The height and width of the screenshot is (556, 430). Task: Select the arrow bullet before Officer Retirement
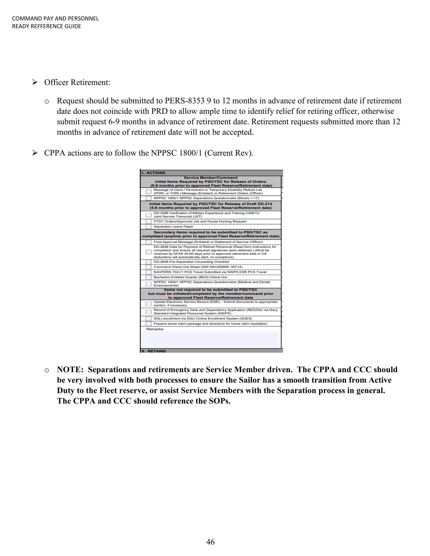pyautogui.click(x=35, y=82)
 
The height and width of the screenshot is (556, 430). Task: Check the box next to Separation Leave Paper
pyautogui.click(x=148, y=227)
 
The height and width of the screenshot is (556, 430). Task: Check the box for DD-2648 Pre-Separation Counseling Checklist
pyautogui.click(x=148, y=262)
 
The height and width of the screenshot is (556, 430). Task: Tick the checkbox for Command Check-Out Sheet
pyautogui.click(x=148, y=267)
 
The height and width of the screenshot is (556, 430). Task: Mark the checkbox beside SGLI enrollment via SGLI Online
pyautogui.click(x=148, y=319)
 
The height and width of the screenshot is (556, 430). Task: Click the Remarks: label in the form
pyautogui.click(x=155, y=329)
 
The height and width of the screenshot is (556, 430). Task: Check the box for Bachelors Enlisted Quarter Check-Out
pyautogui.click(x=148, y=277)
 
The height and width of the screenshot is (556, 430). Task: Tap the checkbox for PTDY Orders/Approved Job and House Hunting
pyautogui.click(x=148, y=222)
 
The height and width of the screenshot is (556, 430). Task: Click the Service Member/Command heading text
pyautogui.click(x=210, y=178)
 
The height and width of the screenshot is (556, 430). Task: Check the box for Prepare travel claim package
pyautogui.click(x=148, y=324)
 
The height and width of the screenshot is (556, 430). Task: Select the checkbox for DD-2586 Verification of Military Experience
pyautogui.click(x=148, y=215)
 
